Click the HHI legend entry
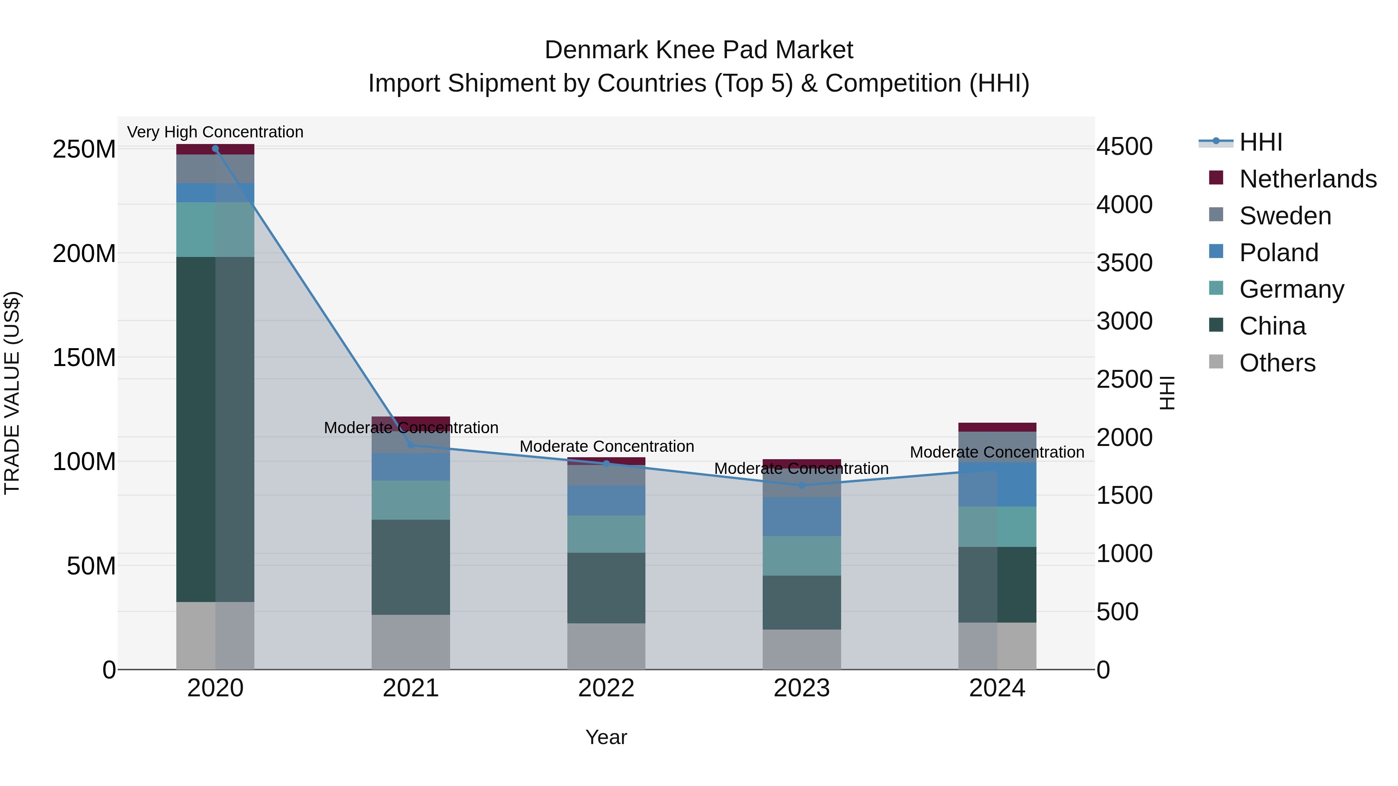point(1260,142)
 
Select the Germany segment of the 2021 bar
point(411,500)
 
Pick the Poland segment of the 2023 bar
point(802,516)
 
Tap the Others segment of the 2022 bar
point(606,645)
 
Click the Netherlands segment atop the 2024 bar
point(997,427)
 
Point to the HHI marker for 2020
point(216,149)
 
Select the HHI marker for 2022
point(607,463)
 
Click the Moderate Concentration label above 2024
point(997,452)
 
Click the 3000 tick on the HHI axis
point(1125,321)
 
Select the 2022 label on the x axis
point(606,688)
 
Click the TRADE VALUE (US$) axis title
point(12,393)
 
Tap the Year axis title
point(606,737)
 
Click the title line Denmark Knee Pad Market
point(699,50)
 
